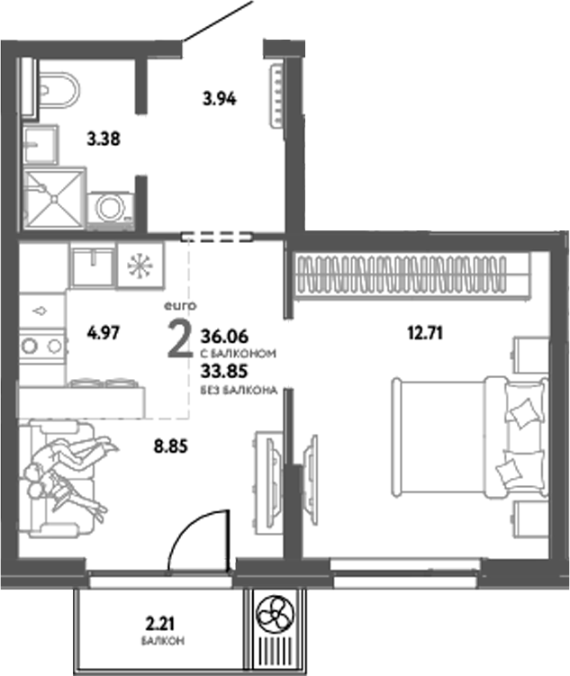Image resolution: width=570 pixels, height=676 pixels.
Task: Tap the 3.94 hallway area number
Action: [219, 100]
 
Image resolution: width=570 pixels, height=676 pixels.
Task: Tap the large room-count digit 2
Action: [179, 339]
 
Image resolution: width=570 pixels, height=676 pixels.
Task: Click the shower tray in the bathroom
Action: [53, 196]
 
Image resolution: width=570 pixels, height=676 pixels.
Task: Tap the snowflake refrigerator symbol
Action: [139, 266]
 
